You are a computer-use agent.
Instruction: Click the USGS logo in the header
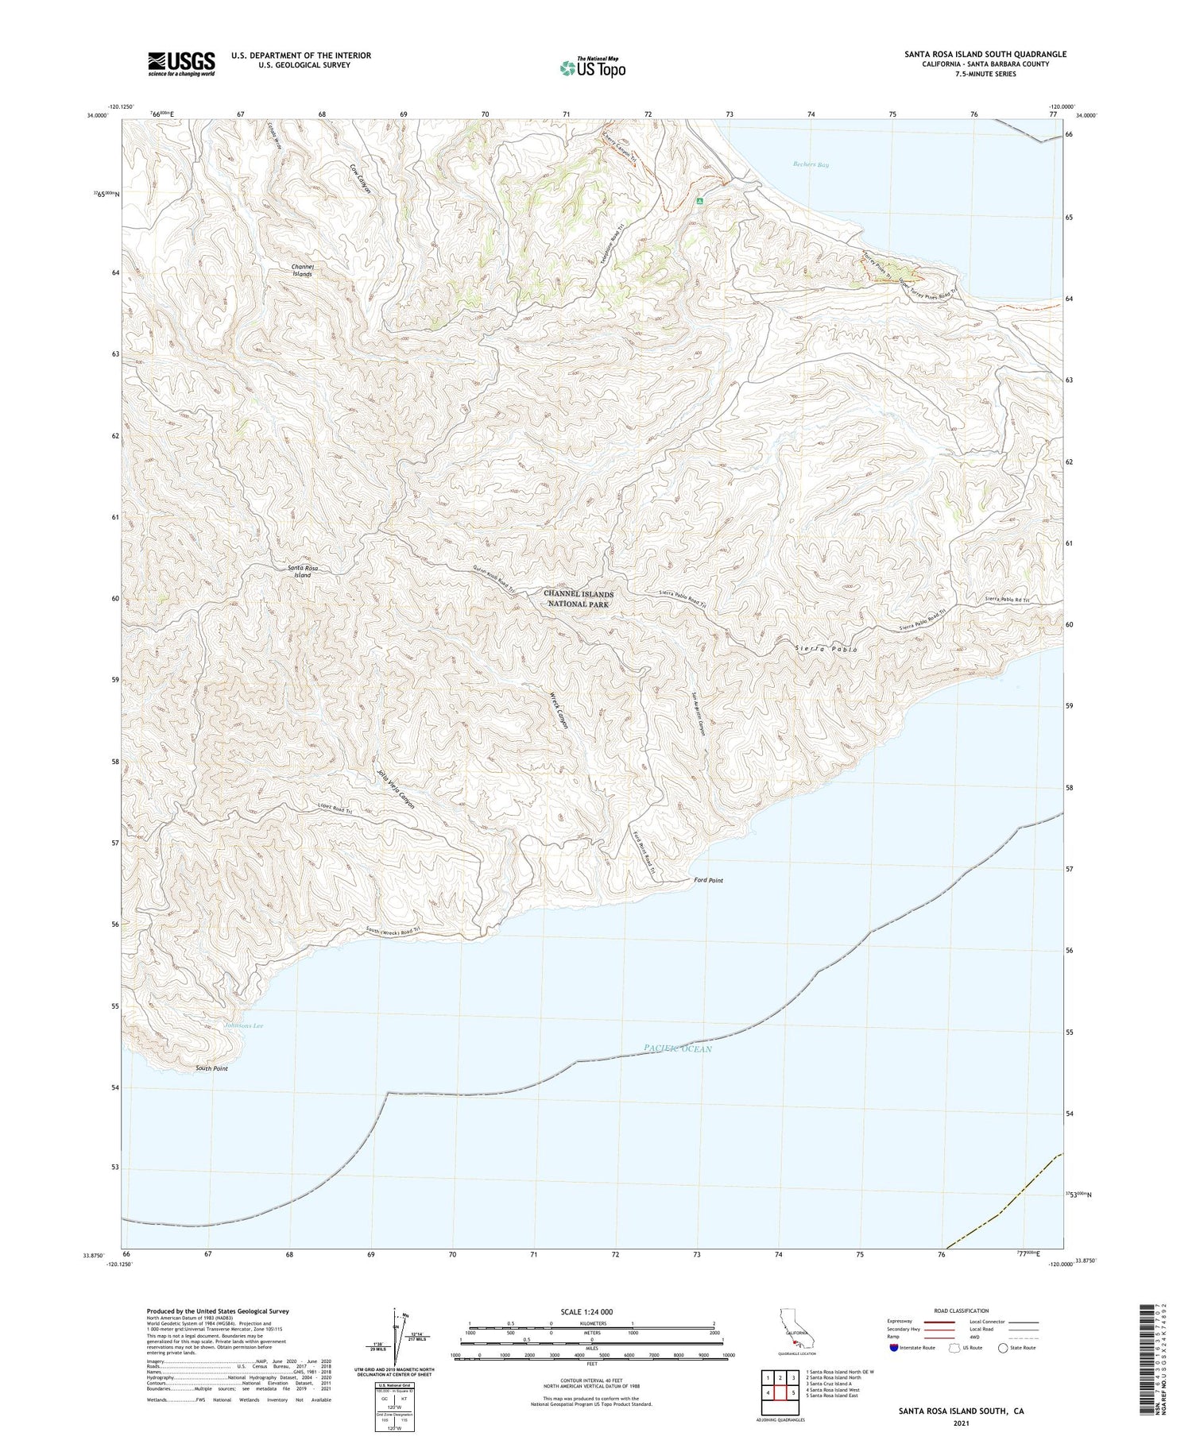pos(181,64)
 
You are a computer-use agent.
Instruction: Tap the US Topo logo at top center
pos(592,68)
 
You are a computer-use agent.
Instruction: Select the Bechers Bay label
pos(811,164)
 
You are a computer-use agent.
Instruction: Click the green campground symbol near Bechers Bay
pos(699,202)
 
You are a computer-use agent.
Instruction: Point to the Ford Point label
pos(708,880)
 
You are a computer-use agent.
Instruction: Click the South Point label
pos(211,1068)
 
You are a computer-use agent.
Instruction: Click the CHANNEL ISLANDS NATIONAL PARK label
pos(579,599)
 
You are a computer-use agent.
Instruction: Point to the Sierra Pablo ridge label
pos(826,649)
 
